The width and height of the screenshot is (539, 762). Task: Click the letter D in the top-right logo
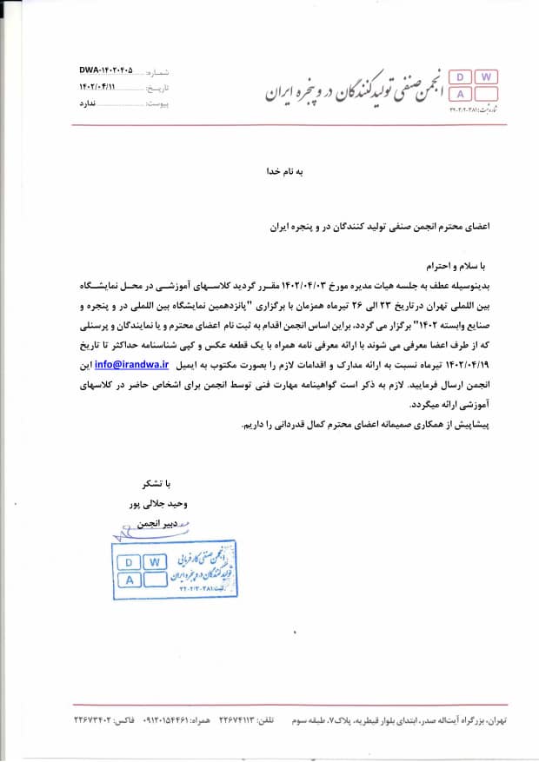click(x=462, y=77)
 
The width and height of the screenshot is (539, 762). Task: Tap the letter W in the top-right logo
click(x=486, y=77)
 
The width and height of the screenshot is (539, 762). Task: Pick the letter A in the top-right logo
click(x=462, y=94)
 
